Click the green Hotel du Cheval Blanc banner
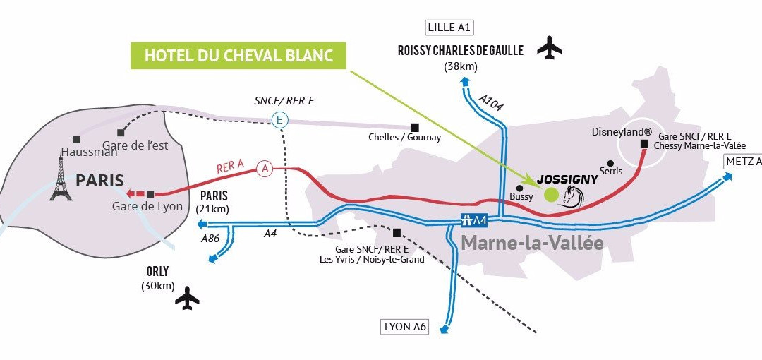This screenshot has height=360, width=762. [238, 55]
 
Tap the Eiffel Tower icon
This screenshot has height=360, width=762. [61, 178]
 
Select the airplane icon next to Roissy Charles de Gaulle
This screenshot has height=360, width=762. [550, 47]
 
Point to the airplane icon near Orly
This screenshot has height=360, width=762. [187, 298]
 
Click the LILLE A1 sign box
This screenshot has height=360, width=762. [449, 28]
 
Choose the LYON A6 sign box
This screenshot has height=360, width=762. [404, 327]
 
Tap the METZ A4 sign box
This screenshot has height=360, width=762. [744, 162]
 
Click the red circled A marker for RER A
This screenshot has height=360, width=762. [265, 169]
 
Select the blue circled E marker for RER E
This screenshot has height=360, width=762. [279, 119]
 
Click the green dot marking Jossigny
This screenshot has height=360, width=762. [550, 195]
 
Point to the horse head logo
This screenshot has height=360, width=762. [572, 197]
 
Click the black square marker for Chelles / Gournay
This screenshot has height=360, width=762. [415, 127]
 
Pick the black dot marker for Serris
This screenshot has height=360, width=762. [610, 163]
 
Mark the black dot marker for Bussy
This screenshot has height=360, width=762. [520, 188]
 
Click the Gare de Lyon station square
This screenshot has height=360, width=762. [151, 194]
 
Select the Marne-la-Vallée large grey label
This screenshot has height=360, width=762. [532, 242]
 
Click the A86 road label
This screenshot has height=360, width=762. [211, 239]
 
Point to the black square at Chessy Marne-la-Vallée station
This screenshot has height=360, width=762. [645, 144]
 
